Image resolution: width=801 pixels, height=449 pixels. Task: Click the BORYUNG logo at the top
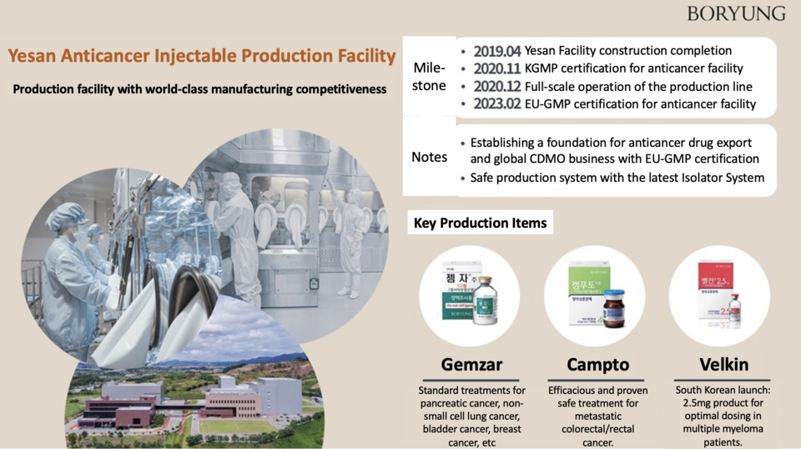(736, 13)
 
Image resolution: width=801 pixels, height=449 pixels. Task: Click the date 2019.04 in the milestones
(496, 51)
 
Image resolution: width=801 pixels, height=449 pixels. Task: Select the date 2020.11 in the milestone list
(496, 68)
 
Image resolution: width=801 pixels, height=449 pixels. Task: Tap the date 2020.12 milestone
(496, 87)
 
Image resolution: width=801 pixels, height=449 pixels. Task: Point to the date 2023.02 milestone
(496, 104)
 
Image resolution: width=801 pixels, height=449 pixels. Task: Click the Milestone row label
(430, 76)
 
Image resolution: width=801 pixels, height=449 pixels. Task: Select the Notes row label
(430, 157)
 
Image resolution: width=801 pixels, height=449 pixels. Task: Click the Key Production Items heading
(481, 223)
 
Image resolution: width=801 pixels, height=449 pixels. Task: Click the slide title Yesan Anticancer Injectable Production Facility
(202, 56)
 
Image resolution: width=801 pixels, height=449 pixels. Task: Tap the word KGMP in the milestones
(546, 68)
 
